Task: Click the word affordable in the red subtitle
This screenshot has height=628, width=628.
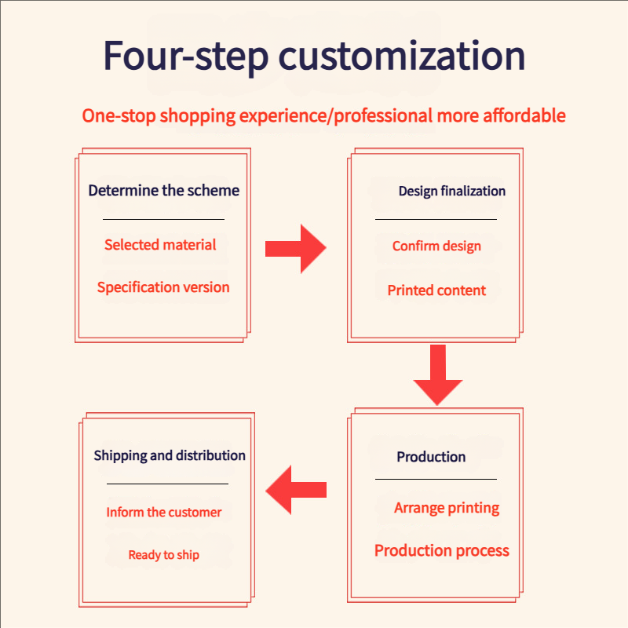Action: (514, 116)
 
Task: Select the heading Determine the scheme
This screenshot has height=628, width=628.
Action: (163, 191)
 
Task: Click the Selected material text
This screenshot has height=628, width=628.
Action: (160, 245)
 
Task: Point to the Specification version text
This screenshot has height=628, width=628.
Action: (163, 287)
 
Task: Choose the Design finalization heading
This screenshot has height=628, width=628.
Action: (451, 192)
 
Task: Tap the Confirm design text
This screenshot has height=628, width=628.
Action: (436, 246)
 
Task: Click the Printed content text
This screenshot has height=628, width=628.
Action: (436, 290)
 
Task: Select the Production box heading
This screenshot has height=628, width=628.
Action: (431, 457)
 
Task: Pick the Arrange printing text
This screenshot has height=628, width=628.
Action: (447, 509)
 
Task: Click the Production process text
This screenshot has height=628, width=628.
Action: (442, 551)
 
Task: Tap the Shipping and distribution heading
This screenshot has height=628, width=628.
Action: (170, 456)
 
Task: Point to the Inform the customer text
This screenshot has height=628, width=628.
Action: (164, 513)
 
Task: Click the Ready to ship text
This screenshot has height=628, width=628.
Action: (164, 555)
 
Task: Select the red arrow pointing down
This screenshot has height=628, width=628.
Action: (438, 375)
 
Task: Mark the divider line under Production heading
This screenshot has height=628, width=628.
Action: (436, 479)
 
